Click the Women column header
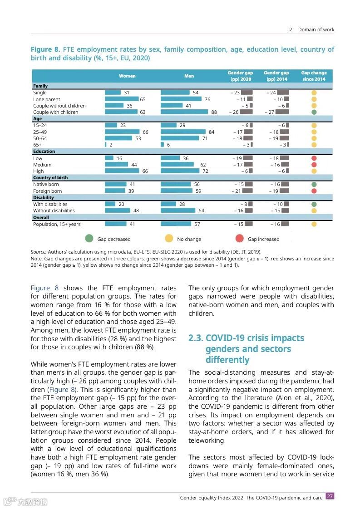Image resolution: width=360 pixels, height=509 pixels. (x=127, y=76)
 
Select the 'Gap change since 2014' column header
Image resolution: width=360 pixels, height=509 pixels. (x=313, y=76)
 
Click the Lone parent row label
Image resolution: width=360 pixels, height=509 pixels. (x=46, y=99)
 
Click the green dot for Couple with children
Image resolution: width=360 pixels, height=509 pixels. (x=314, y=112)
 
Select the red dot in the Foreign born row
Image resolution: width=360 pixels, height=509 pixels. (x=314, y=191)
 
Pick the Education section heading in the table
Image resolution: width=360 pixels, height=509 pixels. (x=44, y=152)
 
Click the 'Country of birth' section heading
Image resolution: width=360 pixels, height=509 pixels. (x=50, y=178)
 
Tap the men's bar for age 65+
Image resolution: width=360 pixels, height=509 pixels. (x=163, y=145)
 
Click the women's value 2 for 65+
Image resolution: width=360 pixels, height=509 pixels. (x=111, y=145)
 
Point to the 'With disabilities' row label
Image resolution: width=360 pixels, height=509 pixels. (x=50, y=204)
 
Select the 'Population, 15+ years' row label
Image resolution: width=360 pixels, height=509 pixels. (x=57, y=224)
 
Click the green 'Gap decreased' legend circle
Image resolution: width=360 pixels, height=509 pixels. (x=89, y=239)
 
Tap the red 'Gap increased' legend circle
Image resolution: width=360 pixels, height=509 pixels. (x=239, y=239)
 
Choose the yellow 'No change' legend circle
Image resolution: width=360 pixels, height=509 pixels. (x=168, y=239)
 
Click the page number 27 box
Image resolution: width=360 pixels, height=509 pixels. (x=330, y=496)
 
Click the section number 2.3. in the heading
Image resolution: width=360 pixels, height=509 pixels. (x=196, y=338)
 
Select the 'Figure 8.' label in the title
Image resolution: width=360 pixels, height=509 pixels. (x=45, y=49)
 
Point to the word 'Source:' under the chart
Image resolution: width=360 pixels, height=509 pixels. (x=39, y=252)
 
